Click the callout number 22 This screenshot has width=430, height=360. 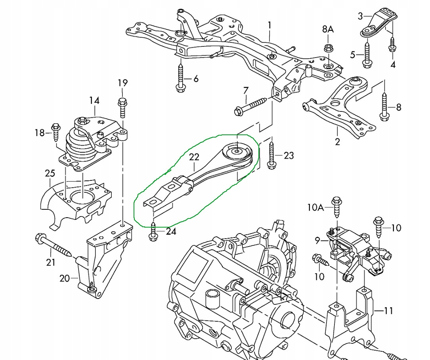coord(194,157)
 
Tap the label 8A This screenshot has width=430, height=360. coord(328,29)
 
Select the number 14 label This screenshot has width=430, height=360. coord(94,101)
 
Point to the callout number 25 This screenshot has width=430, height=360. coord(50,174)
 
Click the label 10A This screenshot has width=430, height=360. coord(316,207)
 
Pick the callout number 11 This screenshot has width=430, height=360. coord(388,310)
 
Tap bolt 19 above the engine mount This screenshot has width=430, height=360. coord(122,106)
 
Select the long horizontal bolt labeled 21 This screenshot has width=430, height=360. coord(54,245)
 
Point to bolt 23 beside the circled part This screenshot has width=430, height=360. coord(271,155)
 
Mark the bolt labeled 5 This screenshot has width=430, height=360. coord(367,54)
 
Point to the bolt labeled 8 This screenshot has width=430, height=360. coord(384,106)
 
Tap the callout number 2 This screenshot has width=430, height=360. coord(337,142)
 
